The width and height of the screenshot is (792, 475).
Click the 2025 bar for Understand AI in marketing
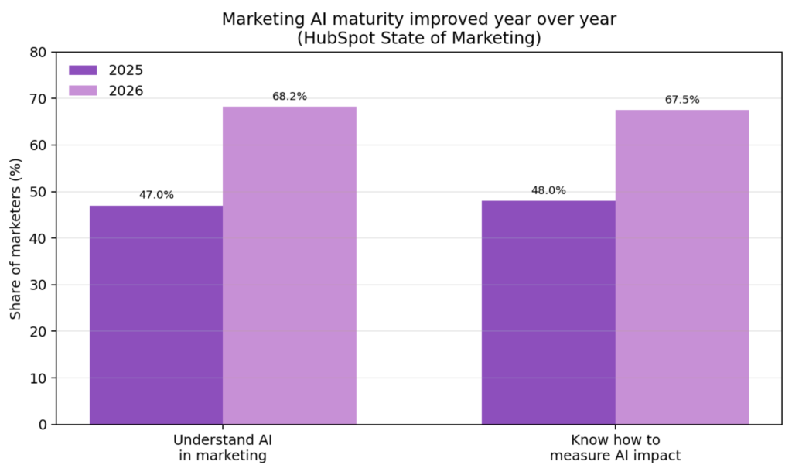156,315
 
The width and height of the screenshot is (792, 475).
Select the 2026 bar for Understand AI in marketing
289,265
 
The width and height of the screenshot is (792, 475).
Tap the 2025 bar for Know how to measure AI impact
548,313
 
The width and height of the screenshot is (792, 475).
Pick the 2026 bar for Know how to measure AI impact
681,267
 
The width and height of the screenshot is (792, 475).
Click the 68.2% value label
289,97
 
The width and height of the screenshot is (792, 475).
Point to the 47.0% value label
156,195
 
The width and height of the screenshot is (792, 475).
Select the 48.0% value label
548,190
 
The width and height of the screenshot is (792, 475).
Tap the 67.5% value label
681,100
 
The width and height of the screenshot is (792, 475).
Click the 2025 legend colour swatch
83,70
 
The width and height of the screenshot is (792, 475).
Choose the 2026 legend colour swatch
83,91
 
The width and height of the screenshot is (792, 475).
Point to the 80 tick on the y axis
39,53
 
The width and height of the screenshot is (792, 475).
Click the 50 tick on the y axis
39,192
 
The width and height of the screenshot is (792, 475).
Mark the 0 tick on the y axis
43,425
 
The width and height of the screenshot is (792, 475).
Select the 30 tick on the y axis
39,285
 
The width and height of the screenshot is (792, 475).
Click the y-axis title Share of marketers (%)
15,238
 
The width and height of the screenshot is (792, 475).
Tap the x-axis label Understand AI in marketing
223,448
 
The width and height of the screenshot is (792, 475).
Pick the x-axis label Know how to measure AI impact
615,448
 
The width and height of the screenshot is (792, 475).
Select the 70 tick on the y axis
39,99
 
